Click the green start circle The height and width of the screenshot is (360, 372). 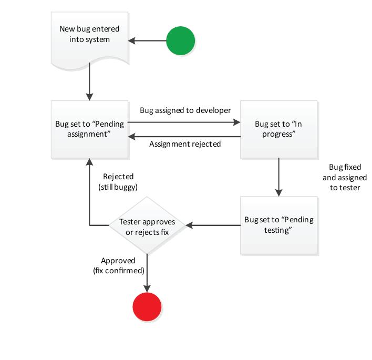coord(180,40)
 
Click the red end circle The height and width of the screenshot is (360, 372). coord(147,305)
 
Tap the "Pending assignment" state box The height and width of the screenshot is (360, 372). coord(89,129)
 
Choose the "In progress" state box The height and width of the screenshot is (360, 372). coord(278,129)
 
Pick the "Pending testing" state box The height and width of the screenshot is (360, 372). coord(278,225)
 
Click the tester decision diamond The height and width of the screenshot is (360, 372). coord(147,226)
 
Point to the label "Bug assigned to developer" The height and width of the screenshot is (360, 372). coord(185,111)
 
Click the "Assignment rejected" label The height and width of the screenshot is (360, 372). coord(185,143)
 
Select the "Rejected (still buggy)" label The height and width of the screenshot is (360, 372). coord(118,181)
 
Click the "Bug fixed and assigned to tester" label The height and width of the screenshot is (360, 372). coord(344,177)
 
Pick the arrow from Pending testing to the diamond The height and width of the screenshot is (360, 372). coord(213,225)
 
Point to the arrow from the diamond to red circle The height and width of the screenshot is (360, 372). coord(147,272)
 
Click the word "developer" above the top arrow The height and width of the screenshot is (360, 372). coord(213,111)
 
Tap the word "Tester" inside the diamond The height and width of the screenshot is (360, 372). coord(131,221)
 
